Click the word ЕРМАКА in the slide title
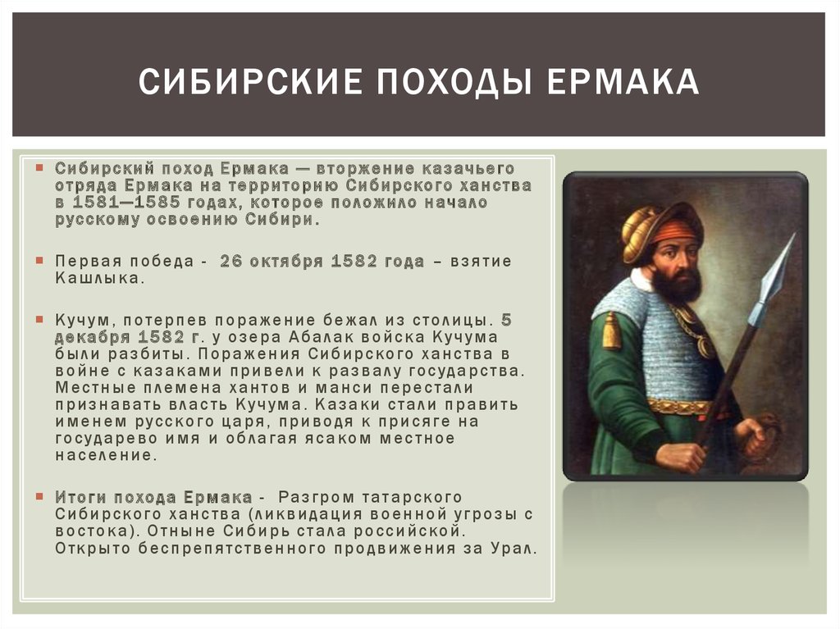[x=623, y=81]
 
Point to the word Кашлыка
[x=99, y=279]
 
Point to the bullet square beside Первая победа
[x=39, y=261]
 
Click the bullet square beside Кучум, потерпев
[x=39, y=319]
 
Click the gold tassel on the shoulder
[x=611, y=331]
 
